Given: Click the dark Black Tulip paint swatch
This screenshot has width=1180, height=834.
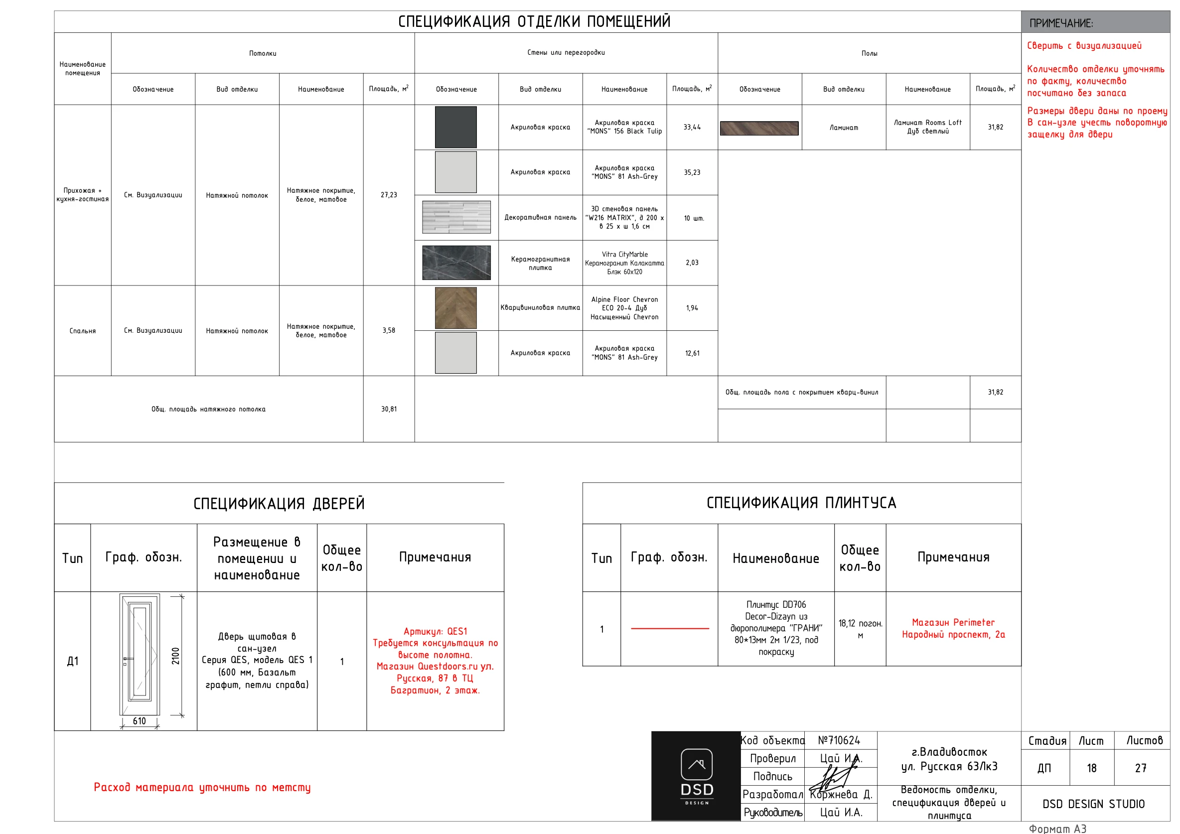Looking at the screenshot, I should pos(455,127).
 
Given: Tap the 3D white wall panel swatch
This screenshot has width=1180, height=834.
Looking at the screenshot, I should pos(456,217).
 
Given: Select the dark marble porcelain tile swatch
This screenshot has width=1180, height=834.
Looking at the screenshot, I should pos(456,262).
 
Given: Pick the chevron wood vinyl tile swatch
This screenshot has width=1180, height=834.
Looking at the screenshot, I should pos(455,307).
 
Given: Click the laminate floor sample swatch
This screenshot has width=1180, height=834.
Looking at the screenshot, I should pos(759,128).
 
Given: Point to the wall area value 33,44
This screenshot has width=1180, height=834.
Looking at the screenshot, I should pos(692,127).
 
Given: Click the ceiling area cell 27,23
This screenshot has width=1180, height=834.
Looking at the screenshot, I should pos(389,195).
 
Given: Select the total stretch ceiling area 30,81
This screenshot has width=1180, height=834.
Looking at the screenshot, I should pos(389,409).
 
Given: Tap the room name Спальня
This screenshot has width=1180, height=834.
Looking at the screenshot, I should pos(82,330).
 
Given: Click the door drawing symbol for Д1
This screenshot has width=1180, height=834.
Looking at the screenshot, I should pos(139,654).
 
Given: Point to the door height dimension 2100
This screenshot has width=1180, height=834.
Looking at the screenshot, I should pos(176,656).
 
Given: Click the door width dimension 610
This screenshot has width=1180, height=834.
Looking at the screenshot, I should pos(139,721).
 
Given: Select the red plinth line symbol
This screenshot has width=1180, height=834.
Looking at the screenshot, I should pos(669,628).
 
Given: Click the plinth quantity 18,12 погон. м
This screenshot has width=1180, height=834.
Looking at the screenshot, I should pos(860,629).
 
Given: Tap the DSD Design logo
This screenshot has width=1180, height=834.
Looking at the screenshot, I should pos(696,776).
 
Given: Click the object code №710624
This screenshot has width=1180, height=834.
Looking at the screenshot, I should pos(839,740).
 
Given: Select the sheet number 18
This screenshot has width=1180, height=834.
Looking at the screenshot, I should pos(1091,768).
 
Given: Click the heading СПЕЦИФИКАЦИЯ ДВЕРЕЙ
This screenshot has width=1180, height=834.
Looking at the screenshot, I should pos(279,504).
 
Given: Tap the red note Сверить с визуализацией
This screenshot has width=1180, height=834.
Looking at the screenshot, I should pos(1084,46).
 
